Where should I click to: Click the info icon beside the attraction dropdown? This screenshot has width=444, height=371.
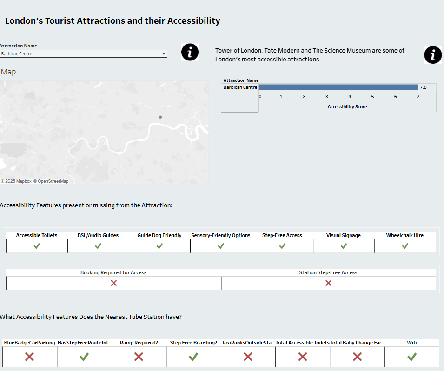(x=190, y=52)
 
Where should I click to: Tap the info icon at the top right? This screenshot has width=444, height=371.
(x=433, y=55)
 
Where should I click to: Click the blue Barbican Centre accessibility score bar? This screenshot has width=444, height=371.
(x=338, y=87)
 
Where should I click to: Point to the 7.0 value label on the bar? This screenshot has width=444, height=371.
(x=423, y=87)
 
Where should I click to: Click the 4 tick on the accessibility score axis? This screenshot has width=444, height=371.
(x=350, y=97)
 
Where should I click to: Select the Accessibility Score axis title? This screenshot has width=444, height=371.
(x=347, y=107)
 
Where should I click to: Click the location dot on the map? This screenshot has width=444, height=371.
(x=160, y=117)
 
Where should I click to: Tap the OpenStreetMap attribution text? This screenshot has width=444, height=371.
(x=53, y=181)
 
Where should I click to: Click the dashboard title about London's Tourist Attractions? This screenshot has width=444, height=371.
(x=113, y=21)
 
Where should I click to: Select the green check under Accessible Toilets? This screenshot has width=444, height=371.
(x=37, y=246)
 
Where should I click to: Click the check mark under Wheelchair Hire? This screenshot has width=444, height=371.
(x=405, y=246)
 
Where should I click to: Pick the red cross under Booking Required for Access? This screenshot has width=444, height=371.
(x=113, y=283)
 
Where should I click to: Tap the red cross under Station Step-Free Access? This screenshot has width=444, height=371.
(x=328, y=283)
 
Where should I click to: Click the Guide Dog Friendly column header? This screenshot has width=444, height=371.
(x=159, y=235)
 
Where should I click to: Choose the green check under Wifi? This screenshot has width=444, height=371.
(x=411, y=357)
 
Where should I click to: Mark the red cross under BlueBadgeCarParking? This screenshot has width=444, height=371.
(x=29, y=357)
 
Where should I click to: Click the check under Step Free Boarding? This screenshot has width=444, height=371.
(x=193, y=357)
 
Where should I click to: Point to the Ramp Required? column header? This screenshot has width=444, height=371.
(x=139, y=343)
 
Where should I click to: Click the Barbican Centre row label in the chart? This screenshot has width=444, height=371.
(x=240, y=87)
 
